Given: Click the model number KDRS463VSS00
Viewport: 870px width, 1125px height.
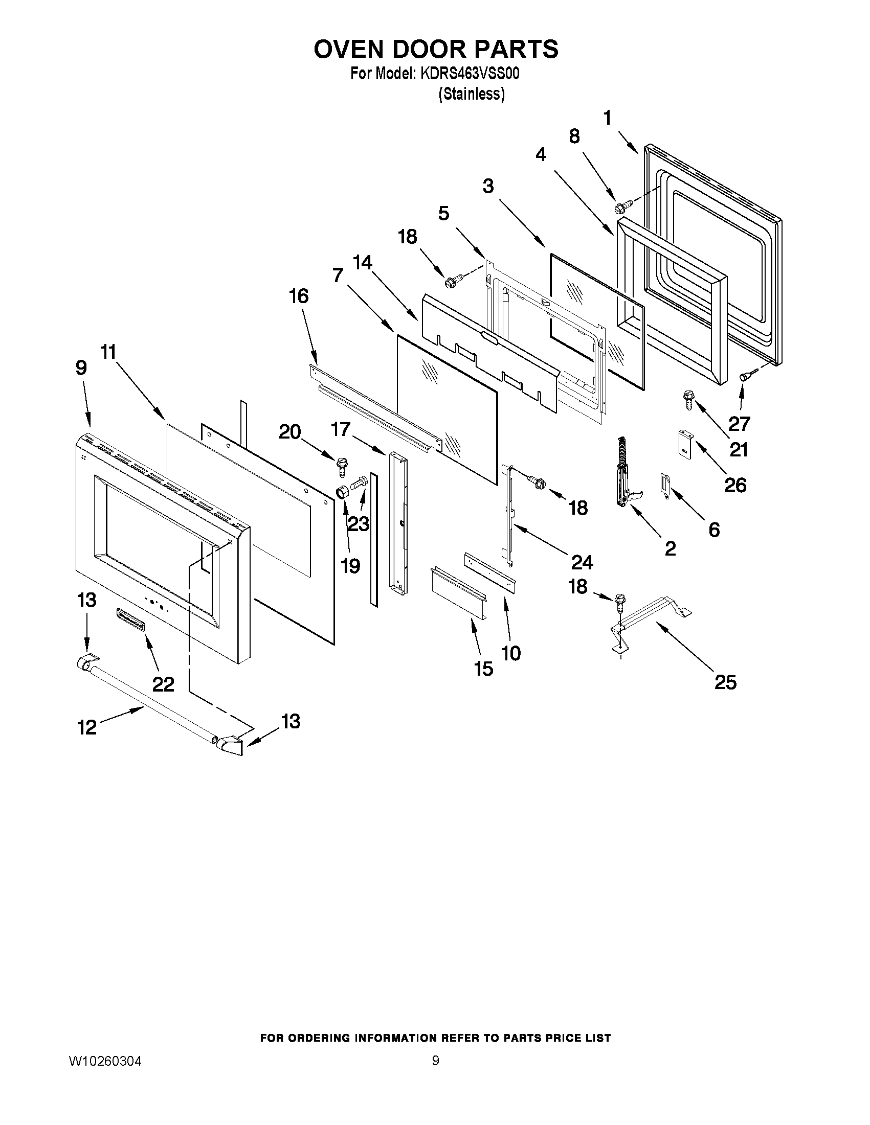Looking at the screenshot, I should tap(470, 74).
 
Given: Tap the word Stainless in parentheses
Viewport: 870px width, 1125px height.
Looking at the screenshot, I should tap(471, 94).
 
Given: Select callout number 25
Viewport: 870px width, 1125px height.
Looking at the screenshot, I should tap(725, 682).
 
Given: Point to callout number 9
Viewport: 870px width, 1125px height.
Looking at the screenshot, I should tap(81, 368).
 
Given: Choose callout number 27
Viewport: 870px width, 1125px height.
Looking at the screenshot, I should tap(739, 423).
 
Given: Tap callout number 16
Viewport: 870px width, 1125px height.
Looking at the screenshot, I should tap(299, 296).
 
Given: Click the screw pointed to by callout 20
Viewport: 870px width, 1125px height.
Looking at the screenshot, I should tap(341, 466).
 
